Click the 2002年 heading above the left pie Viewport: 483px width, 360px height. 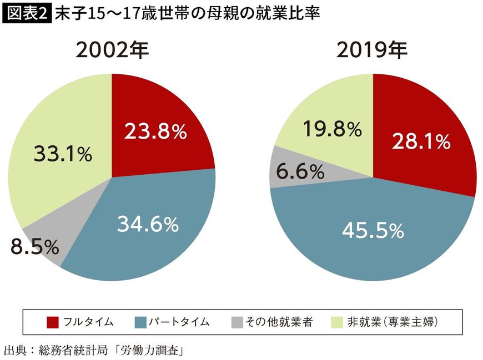click(x=113, y=51)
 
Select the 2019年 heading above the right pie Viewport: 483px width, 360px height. click(x=372, y=51)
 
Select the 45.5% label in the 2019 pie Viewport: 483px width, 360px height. click(x=373, y=230)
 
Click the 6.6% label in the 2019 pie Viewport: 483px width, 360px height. click(x=300, y=172)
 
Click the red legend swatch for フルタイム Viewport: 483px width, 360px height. click(x=53, y=322)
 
